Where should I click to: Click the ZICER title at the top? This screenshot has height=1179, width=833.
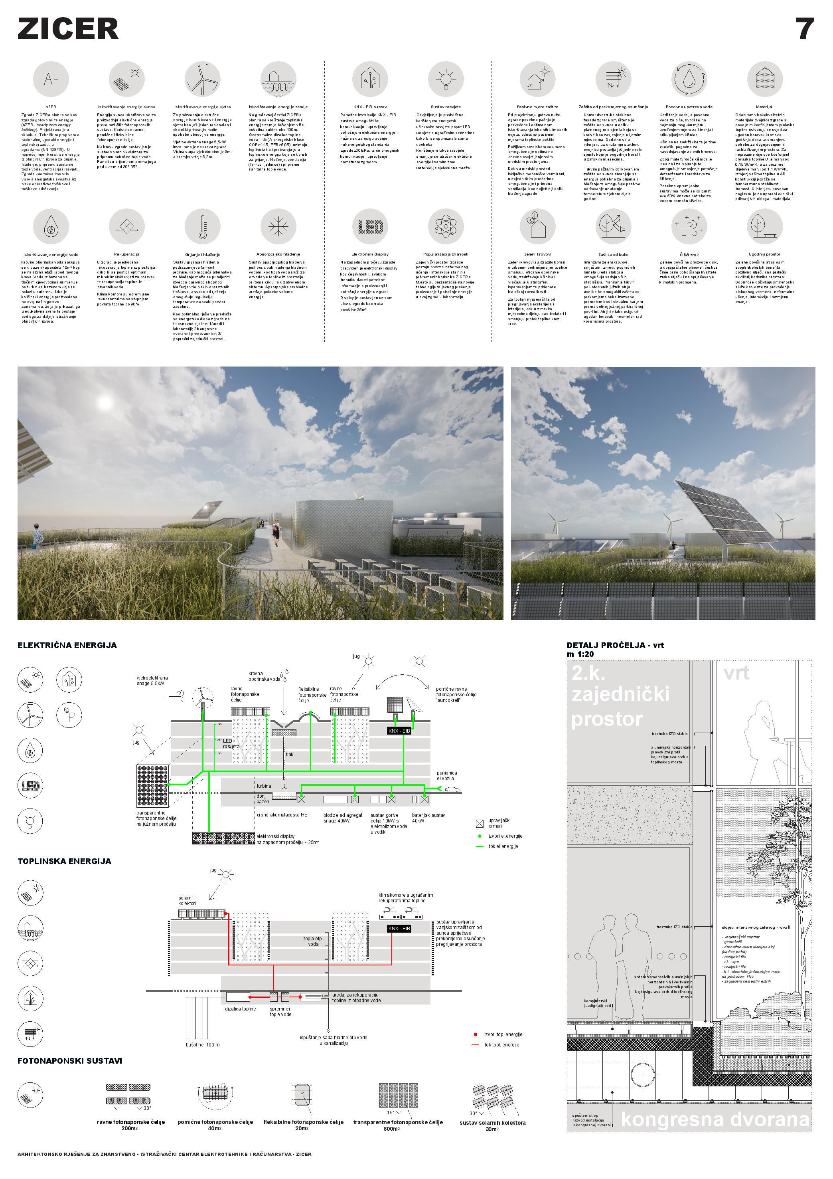tap(68, 29)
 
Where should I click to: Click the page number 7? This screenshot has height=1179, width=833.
tap(804, 29)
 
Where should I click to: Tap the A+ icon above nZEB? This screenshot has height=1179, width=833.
tap(51, 79)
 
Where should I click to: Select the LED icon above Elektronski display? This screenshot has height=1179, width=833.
tap(370, 226)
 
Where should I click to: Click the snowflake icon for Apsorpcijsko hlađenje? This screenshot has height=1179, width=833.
tap(278, 226)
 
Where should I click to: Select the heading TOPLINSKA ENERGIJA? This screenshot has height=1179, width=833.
tap(64, 861)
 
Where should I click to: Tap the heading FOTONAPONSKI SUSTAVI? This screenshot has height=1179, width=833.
tap(70, 1057)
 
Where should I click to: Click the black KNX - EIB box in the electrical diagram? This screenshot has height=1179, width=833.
tap(399, 731)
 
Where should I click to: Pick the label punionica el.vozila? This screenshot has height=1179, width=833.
tap(446, 775)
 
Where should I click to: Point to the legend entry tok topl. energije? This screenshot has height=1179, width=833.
tap(501, 1044)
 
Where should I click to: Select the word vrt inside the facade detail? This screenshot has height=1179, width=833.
tap(736, 673)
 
